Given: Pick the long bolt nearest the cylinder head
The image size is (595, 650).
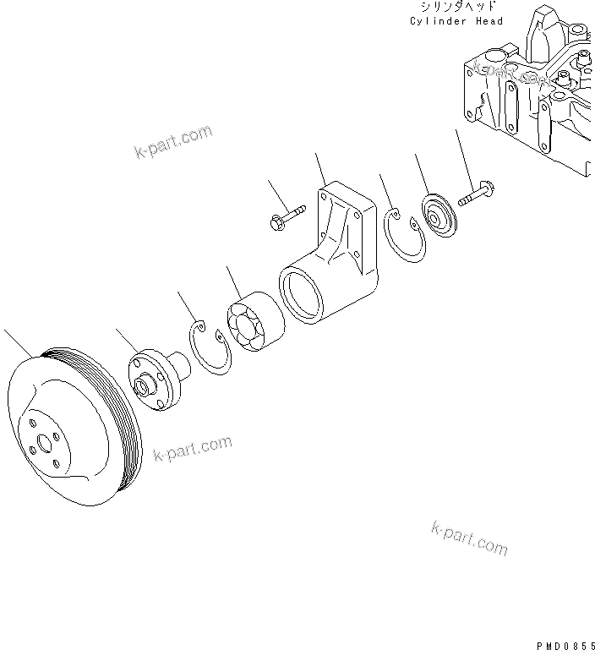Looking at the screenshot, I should [x=478, y=195].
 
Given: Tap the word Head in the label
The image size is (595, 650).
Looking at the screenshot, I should [x=489, y=21].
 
